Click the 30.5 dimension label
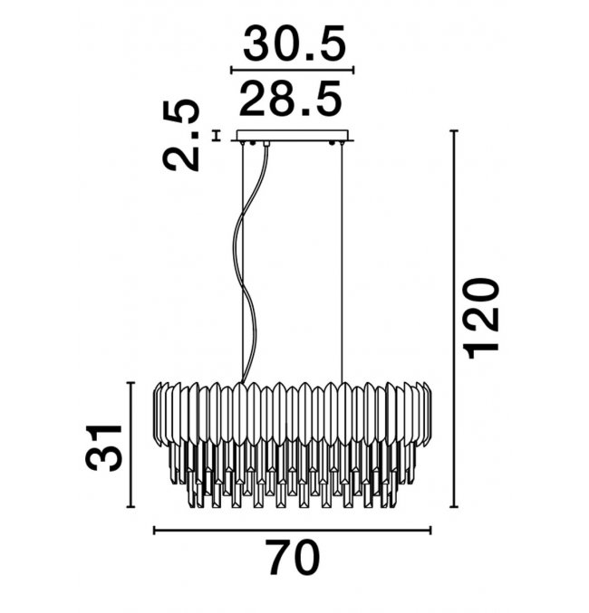[x=294, y=43]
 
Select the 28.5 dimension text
[x=290, y=99]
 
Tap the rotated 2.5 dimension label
[x=181, y=135]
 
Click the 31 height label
[x=103, y=446]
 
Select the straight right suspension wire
[x=342, y=263]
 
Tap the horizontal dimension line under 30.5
[x=293, y=71]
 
